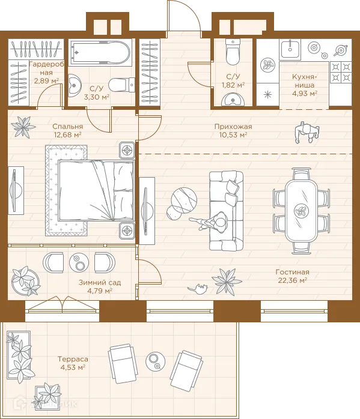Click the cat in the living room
[x=198, y=289]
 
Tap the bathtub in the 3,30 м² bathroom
[x=100, y=53]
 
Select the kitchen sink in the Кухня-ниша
[x=290, y=49]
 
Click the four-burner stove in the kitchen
[x=341, y=71]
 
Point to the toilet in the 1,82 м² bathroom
[x=233, y=52]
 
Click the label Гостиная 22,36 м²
[x=292, y=276]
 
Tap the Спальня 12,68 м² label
[x=68, y=130]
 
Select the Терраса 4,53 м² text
[x=73, y=363]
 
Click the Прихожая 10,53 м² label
[x=233, y=130]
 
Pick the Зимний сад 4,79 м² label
[x=100, y=286]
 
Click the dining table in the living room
[x=302, y=210]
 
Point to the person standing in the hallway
[x=307, y=133]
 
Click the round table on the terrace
[x=156, y=360]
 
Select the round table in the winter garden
[x=79, y=262]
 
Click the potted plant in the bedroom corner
[x=23, y=127]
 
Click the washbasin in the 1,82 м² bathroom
[x=233, y=100]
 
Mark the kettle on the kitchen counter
[x=341, y=50]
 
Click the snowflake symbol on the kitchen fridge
[x=267, y=95]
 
